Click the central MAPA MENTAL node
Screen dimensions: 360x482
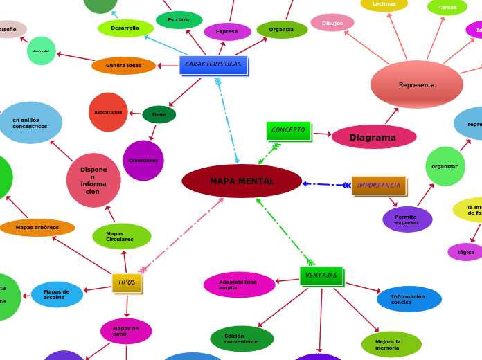point(242,181)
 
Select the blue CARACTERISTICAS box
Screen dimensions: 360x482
point(213,65)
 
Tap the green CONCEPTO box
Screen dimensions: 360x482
point(288,130)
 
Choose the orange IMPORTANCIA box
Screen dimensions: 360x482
point(378,186)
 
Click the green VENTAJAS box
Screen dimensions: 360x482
point(321,276)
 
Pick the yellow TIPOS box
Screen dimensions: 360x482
point(127,282)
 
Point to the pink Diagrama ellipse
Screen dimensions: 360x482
point(373,137)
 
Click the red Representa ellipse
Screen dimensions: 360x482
point(416,84)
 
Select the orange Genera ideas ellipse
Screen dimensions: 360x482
point(123,66)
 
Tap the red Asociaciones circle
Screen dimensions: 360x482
point(108,112)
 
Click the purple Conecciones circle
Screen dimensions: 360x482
point(143,161)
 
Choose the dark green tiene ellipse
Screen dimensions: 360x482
point(159,115)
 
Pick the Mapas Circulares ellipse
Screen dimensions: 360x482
point(122,237)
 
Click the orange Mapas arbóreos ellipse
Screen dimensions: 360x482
point(37,228)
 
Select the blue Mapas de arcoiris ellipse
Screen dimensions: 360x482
point(57,294)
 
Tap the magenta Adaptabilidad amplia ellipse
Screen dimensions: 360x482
point(239,285)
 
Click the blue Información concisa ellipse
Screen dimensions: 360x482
point(409,299)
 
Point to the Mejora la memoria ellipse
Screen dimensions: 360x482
point(391,344)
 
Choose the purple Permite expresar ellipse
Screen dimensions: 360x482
point(407,219)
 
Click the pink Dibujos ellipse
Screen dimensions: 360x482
point(332,23)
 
